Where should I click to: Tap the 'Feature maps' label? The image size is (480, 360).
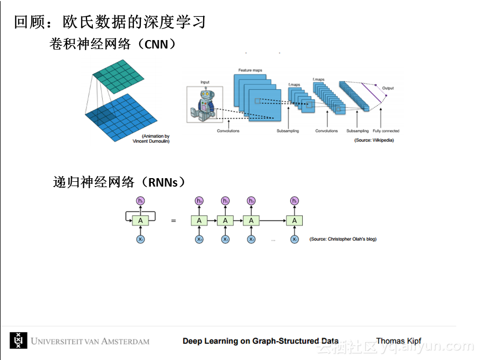250,71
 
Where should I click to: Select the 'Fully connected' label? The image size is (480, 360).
386,131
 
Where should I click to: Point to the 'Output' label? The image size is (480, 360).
388,88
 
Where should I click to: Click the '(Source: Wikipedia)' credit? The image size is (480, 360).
374,140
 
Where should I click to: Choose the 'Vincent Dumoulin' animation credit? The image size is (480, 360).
151,141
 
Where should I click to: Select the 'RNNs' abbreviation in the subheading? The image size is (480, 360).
165,182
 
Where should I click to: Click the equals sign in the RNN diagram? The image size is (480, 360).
174,220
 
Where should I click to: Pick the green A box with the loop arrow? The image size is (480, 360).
140,220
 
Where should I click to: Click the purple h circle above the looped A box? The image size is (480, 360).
140,201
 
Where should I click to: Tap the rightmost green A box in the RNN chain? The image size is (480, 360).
294,220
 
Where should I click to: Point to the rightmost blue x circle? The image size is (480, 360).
294,239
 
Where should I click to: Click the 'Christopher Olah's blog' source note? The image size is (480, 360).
343,239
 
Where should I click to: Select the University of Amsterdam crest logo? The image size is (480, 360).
18,340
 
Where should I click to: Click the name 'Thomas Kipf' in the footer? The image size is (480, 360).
398,341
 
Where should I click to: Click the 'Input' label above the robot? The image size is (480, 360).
205,82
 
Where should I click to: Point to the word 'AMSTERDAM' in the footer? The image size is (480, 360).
123,341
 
